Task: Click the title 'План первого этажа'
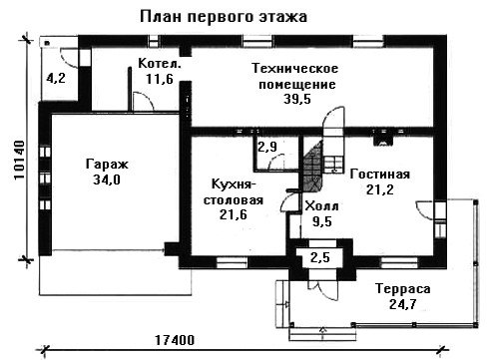(224, 17)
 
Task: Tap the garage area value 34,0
(107, 180)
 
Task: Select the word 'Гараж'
(107, 165)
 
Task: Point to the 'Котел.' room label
(160, 63)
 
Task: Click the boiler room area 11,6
(160, 79)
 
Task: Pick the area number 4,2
(56, 78)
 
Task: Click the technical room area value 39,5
(297, 99)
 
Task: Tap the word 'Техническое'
(295, 68)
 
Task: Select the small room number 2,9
(267, 147)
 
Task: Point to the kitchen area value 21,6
(234, 214)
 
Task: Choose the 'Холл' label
(321, 206)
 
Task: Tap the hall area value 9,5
(322, 221)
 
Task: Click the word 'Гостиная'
(380, 175)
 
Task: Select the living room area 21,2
(380, 189)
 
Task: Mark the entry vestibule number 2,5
(320, 257)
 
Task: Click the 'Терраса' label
(403, 289)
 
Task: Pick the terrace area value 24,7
(403, 304)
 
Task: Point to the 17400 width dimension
(175, 340)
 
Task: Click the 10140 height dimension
(20, 160)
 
